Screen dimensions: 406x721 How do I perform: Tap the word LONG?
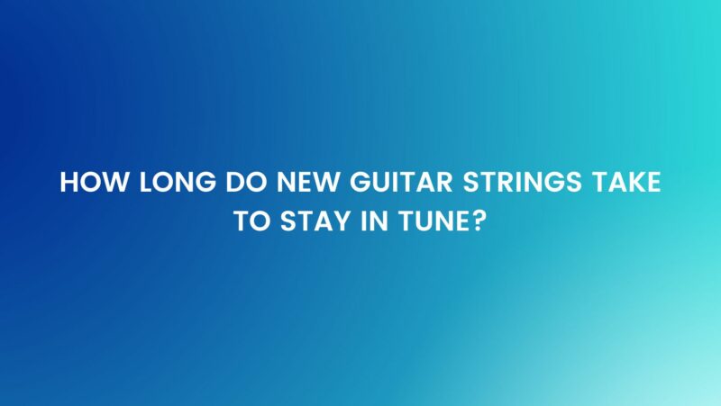point(168,183)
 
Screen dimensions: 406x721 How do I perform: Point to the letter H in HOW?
point(68,183)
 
